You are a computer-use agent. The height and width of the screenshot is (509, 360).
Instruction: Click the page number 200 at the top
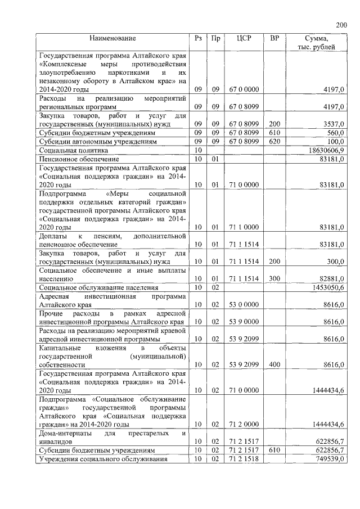(341, 25)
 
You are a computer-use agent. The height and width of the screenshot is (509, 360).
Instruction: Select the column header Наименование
(112, 38)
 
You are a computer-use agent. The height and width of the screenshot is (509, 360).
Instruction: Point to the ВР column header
(274, 38)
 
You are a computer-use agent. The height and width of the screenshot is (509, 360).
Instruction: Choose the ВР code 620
(274, 141)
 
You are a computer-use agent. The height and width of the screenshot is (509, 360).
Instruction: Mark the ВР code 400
(274, 364)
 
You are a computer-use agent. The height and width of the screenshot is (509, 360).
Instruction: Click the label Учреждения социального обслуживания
(102, 460)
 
